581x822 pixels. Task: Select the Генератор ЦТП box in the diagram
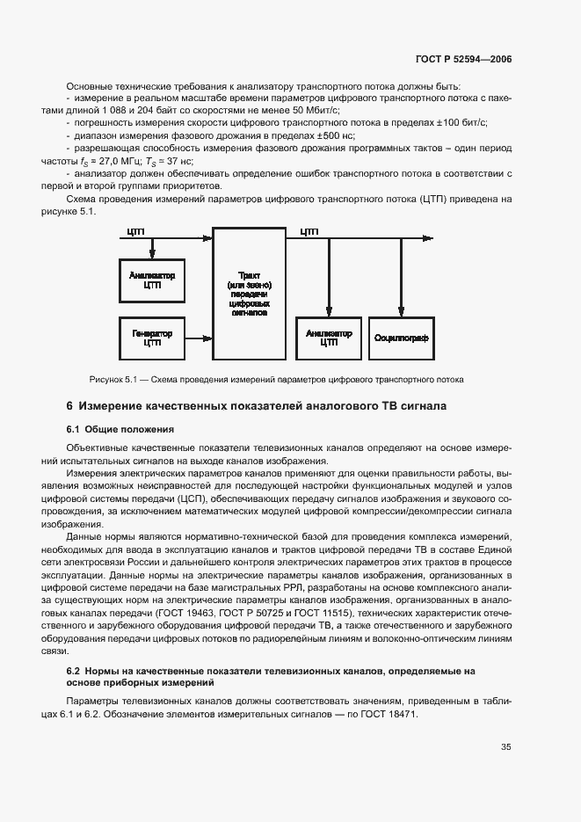(152, 338)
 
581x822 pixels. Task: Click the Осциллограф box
(401, 338)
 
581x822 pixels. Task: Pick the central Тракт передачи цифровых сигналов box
(249, 292)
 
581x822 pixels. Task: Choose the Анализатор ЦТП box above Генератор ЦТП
(152, 279)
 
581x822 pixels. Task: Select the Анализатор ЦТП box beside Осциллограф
(329, 338)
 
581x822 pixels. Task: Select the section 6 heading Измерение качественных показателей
(257, 406)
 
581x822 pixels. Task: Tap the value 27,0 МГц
(127, 161)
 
